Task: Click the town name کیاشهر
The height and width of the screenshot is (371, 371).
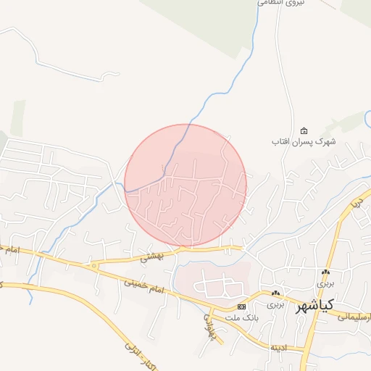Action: tap(316, 304)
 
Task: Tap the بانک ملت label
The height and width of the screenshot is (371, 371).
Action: tap(222, 316)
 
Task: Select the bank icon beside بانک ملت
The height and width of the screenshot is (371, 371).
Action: tap(241, 307)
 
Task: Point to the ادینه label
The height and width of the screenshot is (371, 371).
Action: tap(279, 349)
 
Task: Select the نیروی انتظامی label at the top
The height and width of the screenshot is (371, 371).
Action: tap(280, 3)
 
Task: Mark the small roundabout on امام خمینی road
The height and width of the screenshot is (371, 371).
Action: tap(93, 266)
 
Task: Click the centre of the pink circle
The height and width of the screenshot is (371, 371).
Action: tap(185, 185)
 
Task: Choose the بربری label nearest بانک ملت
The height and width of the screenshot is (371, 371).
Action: tap(275, 304)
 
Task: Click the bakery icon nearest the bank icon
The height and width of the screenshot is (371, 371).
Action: tap(275, 293)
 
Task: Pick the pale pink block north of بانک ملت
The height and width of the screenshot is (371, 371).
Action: tap(217, 279)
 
